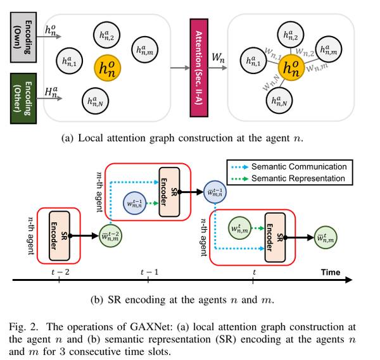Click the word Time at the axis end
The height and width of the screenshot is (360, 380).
329,272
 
